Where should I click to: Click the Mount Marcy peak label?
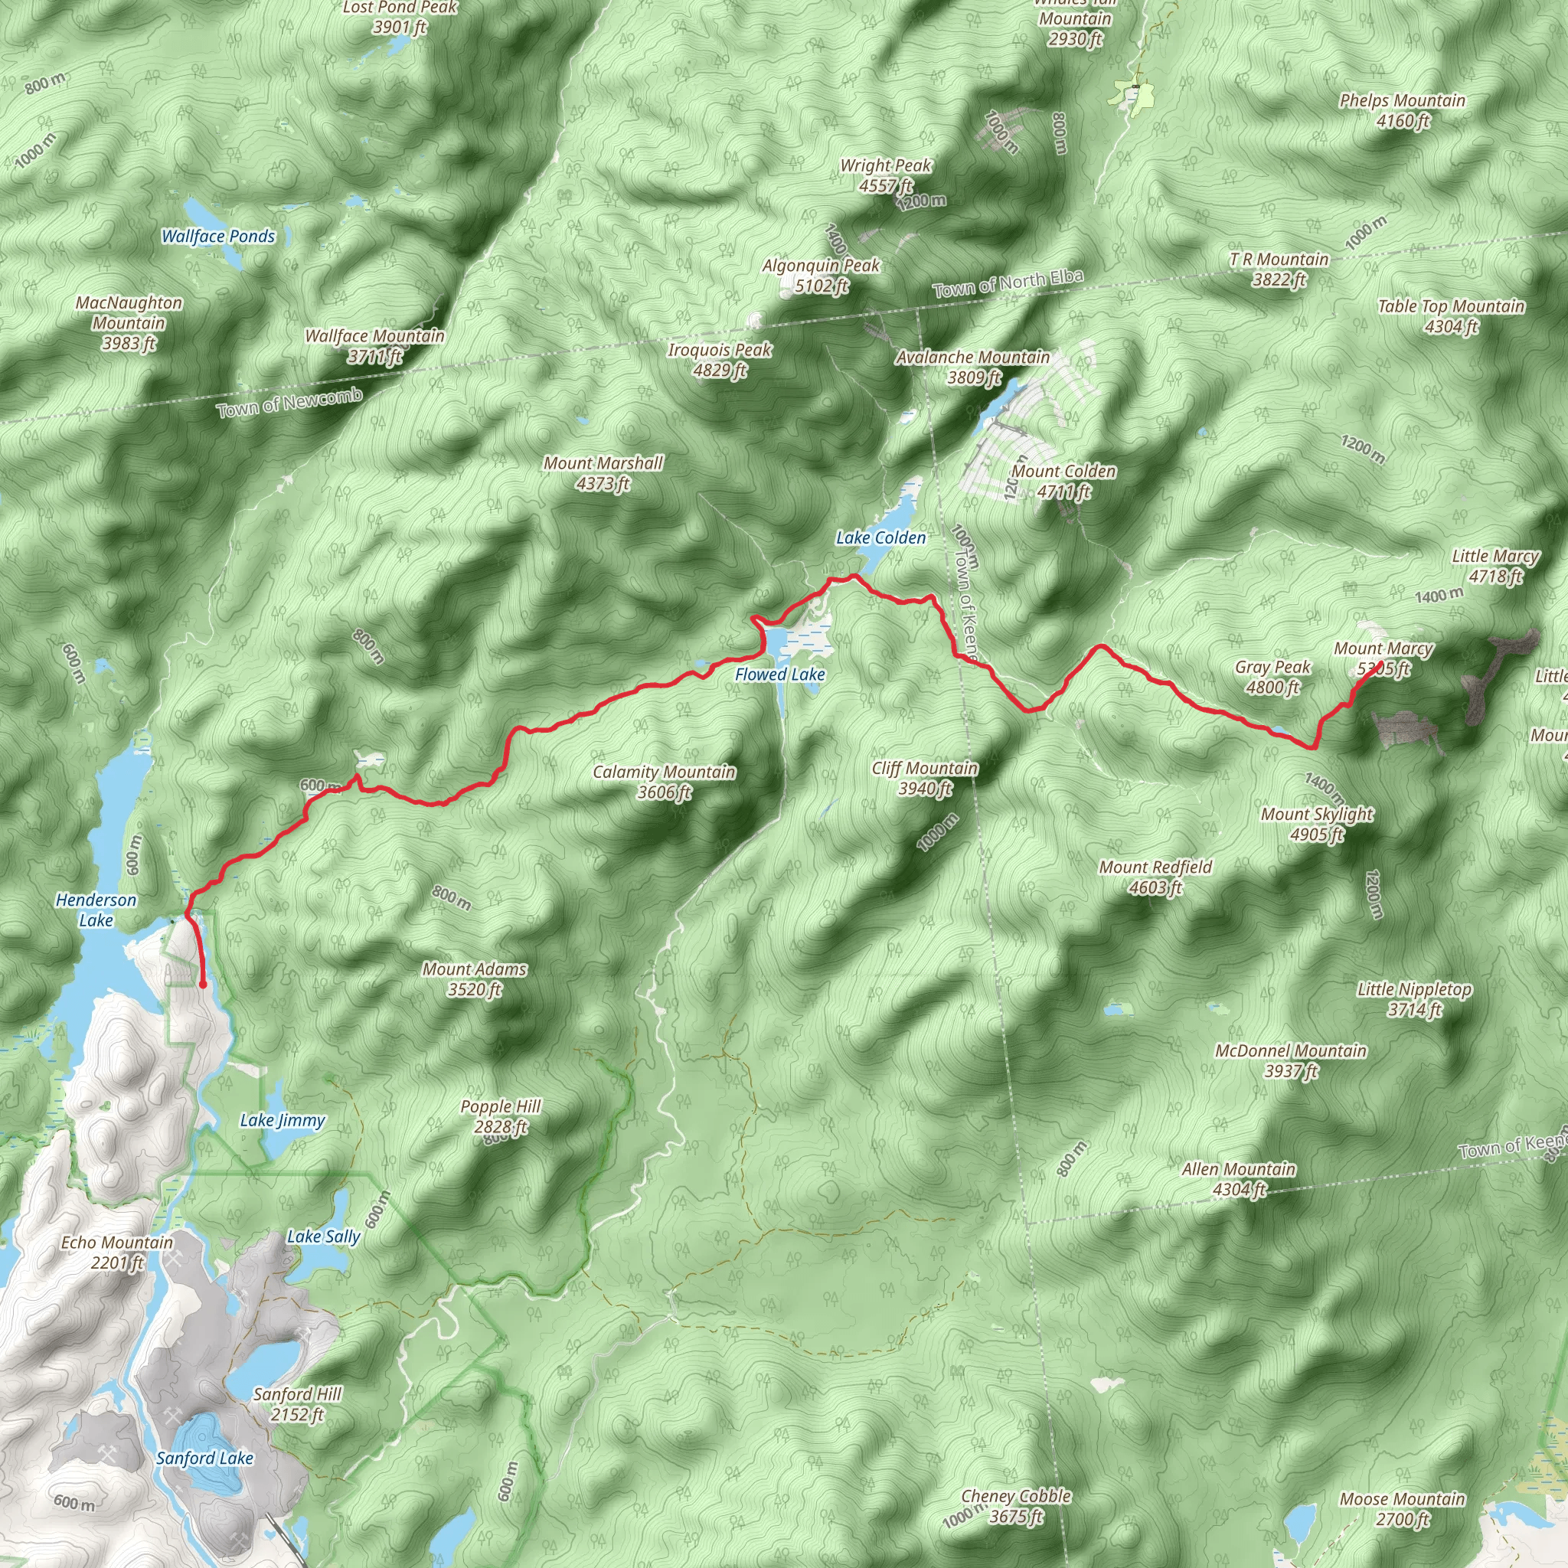(1383, 658)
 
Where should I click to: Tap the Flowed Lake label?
(779, 675)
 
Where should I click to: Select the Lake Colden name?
(880, 537)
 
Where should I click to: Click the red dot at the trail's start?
(202, 985)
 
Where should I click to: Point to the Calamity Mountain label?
(664, 782)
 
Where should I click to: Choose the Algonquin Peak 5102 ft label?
(821, 275)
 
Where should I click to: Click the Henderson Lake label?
(96, 910)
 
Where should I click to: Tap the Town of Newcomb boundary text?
(289, 403)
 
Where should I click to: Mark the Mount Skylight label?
(1316, 824)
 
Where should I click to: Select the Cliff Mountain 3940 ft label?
(924, 778)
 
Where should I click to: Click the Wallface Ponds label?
(218, 236)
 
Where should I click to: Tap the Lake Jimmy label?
(282, 1121)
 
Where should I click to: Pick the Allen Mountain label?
(1239, 1179)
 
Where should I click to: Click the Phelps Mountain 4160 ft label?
(1402, 110)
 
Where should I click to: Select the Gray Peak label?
(1272, 677)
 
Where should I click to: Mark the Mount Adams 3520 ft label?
(475, 978)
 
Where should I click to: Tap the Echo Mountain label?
(118, 1253)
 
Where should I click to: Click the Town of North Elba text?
(1008, 283)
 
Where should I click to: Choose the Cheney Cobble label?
(1016, 1505)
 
